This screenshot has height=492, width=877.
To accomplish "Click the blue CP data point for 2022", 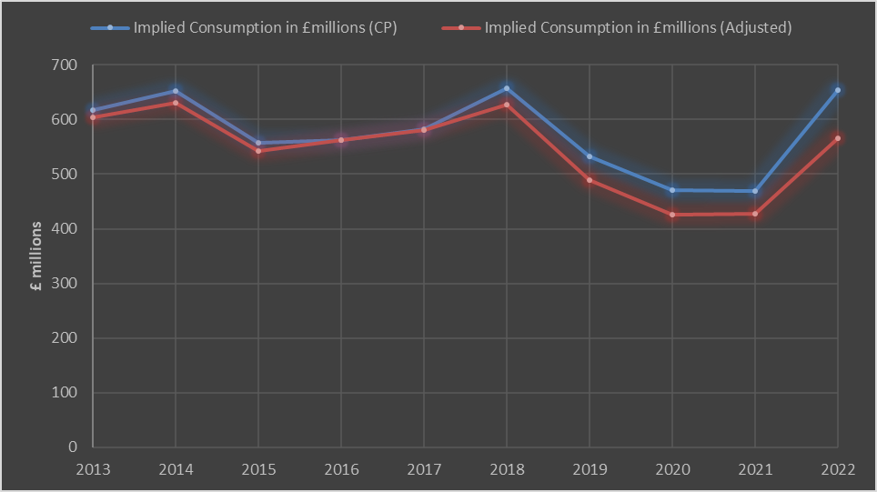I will pos(837,90).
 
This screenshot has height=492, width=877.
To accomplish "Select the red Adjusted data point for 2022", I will pos(837,138).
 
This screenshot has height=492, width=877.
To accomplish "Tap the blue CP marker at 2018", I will pos(507,88).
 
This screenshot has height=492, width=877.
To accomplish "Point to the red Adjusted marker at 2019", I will pos(590,180).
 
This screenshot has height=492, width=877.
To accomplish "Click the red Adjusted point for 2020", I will pos(672,215).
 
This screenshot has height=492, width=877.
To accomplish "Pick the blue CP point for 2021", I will pos(755,191).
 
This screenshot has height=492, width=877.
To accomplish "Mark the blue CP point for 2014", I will pos(176,91).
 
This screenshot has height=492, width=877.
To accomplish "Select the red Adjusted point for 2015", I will pos(258,151).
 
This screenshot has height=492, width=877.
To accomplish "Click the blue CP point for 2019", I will pos(590,156).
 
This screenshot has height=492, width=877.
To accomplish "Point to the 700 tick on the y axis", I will pos(64,65).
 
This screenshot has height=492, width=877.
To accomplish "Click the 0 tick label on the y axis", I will pos(72,447).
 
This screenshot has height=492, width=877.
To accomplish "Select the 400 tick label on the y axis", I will pos(64,229).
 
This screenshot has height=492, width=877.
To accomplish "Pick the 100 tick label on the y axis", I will pos(64,393).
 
